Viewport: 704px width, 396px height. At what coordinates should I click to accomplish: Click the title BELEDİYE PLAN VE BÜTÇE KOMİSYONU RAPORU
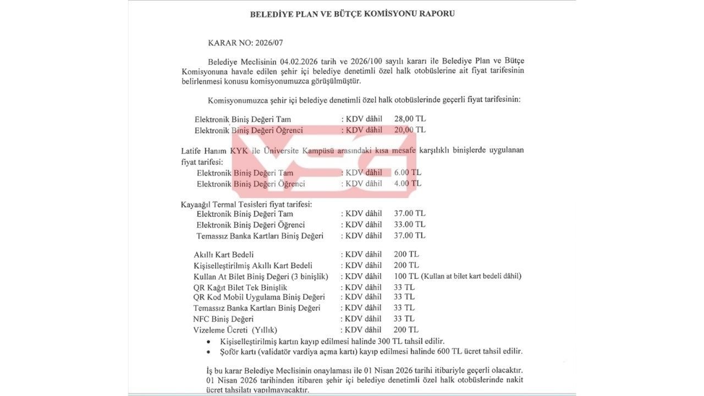tap(352, 14)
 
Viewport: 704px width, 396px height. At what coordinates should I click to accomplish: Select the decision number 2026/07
tap(269, 43)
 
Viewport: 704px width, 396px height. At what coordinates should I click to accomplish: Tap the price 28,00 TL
tap(410, 119)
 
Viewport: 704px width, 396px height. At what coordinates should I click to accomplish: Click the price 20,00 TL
tap(410, 130)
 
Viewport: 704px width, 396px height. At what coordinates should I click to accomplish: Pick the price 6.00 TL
tap(408, 172)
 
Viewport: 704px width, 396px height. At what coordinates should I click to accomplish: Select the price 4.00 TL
tap(408, 183)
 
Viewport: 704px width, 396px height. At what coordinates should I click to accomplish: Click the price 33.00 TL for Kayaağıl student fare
tap(410, 224)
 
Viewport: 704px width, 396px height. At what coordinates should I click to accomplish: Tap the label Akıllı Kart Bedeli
tap(224, 255)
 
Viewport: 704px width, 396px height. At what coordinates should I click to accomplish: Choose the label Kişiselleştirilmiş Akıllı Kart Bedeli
tap(253, 266)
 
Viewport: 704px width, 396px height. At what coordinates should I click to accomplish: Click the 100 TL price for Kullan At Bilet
tap(406, 276)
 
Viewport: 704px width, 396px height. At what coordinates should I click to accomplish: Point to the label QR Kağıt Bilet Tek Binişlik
tap(240, 288)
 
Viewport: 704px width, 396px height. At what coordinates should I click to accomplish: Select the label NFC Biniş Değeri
tap(223, 319)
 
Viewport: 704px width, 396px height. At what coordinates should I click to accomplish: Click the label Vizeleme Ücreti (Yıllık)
tap(235, 330)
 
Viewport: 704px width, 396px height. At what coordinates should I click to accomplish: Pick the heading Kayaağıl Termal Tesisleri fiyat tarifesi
tap(246, 204)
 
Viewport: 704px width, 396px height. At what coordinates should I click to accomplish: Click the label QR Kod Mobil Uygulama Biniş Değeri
tap(259, 298)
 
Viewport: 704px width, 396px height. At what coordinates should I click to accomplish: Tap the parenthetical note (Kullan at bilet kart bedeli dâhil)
tap(471, 276)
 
